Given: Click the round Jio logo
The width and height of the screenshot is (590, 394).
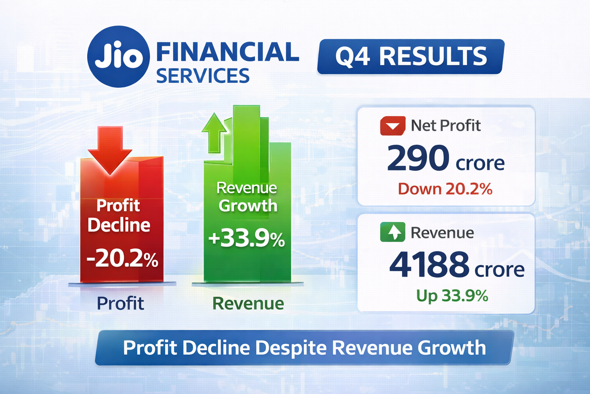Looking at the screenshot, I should pos(118,57).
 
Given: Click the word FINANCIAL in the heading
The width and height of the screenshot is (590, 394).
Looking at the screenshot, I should pos(227,53).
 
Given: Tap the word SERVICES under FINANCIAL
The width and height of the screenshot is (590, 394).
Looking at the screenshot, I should pos(202,76).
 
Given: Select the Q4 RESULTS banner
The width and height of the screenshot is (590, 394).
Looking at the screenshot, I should pos(410,57).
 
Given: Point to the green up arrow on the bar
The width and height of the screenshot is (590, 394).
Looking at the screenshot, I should pos(214,133).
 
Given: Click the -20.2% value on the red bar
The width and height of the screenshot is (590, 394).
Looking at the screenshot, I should pos(122,258).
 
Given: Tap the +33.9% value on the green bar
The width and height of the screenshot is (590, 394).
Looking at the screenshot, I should pos(246,239).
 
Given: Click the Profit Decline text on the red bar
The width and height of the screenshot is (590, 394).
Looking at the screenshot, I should pos(118,215).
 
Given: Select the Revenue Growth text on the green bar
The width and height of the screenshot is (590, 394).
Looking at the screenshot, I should pos(247,197).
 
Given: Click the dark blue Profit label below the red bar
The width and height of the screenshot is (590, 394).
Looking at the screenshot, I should pos(120,304).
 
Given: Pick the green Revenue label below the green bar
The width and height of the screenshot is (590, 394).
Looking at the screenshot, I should pos(248,304).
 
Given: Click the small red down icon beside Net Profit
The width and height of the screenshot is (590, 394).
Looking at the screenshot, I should pos(393,126).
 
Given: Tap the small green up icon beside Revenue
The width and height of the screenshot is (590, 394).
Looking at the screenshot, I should pos(393,232).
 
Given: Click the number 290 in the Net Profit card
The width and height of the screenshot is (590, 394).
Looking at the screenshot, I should pos(418,158).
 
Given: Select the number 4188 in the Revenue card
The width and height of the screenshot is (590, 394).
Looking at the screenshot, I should pos(429,264).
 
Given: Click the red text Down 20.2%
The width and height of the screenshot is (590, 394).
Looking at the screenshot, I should pos(445,189).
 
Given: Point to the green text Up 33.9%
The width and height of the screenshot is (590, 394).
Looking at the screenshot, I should pos(452,296).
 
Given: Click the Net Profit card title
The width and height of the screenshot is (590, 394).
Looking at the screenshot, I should pos(446,126).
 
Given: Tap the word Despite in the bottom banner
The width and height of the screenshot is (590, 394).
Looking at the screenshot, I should pos(291,348).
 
